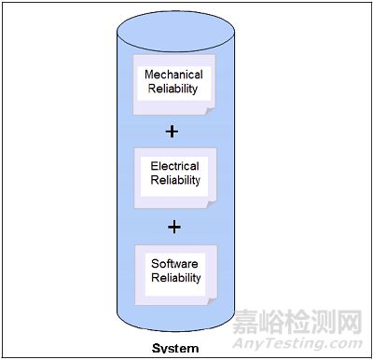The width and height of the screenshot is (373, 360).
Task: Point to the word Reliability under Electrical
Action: click(x=175, y=181)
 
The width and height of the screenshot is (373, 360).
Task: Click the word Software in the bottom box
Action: click(x=175, y=264)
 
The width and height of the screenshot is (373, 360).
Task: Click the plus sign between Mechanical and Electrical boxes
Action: click(x=171, y=131)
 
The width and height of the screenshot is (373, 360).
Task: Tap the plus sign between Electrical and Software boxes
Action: click(x=171, y=227)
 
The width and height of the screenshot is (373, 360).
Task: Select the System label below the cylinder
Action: click(x=176, y=350)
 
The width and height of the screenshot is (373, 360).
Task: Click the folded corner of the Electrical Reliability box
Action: click(x=213, y=205)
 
